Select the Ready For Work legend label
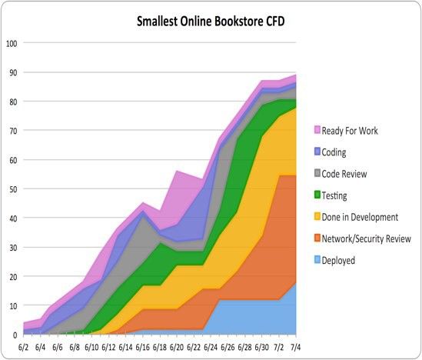[x=361, y=131]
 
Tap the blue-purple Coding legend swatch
[x=317, y=152]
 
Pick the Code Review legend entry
[x=354, y=174]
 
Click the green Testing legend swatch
[x=317, y=195]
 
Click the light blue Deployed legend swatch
[x=317, y=260]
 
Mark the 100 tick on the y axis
[x=12, y=43]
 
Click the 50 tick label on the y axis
[x=12, y=188]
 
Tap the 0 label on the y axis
[x=14, y=335]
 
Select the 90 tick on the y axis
[x=12, y=72]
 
